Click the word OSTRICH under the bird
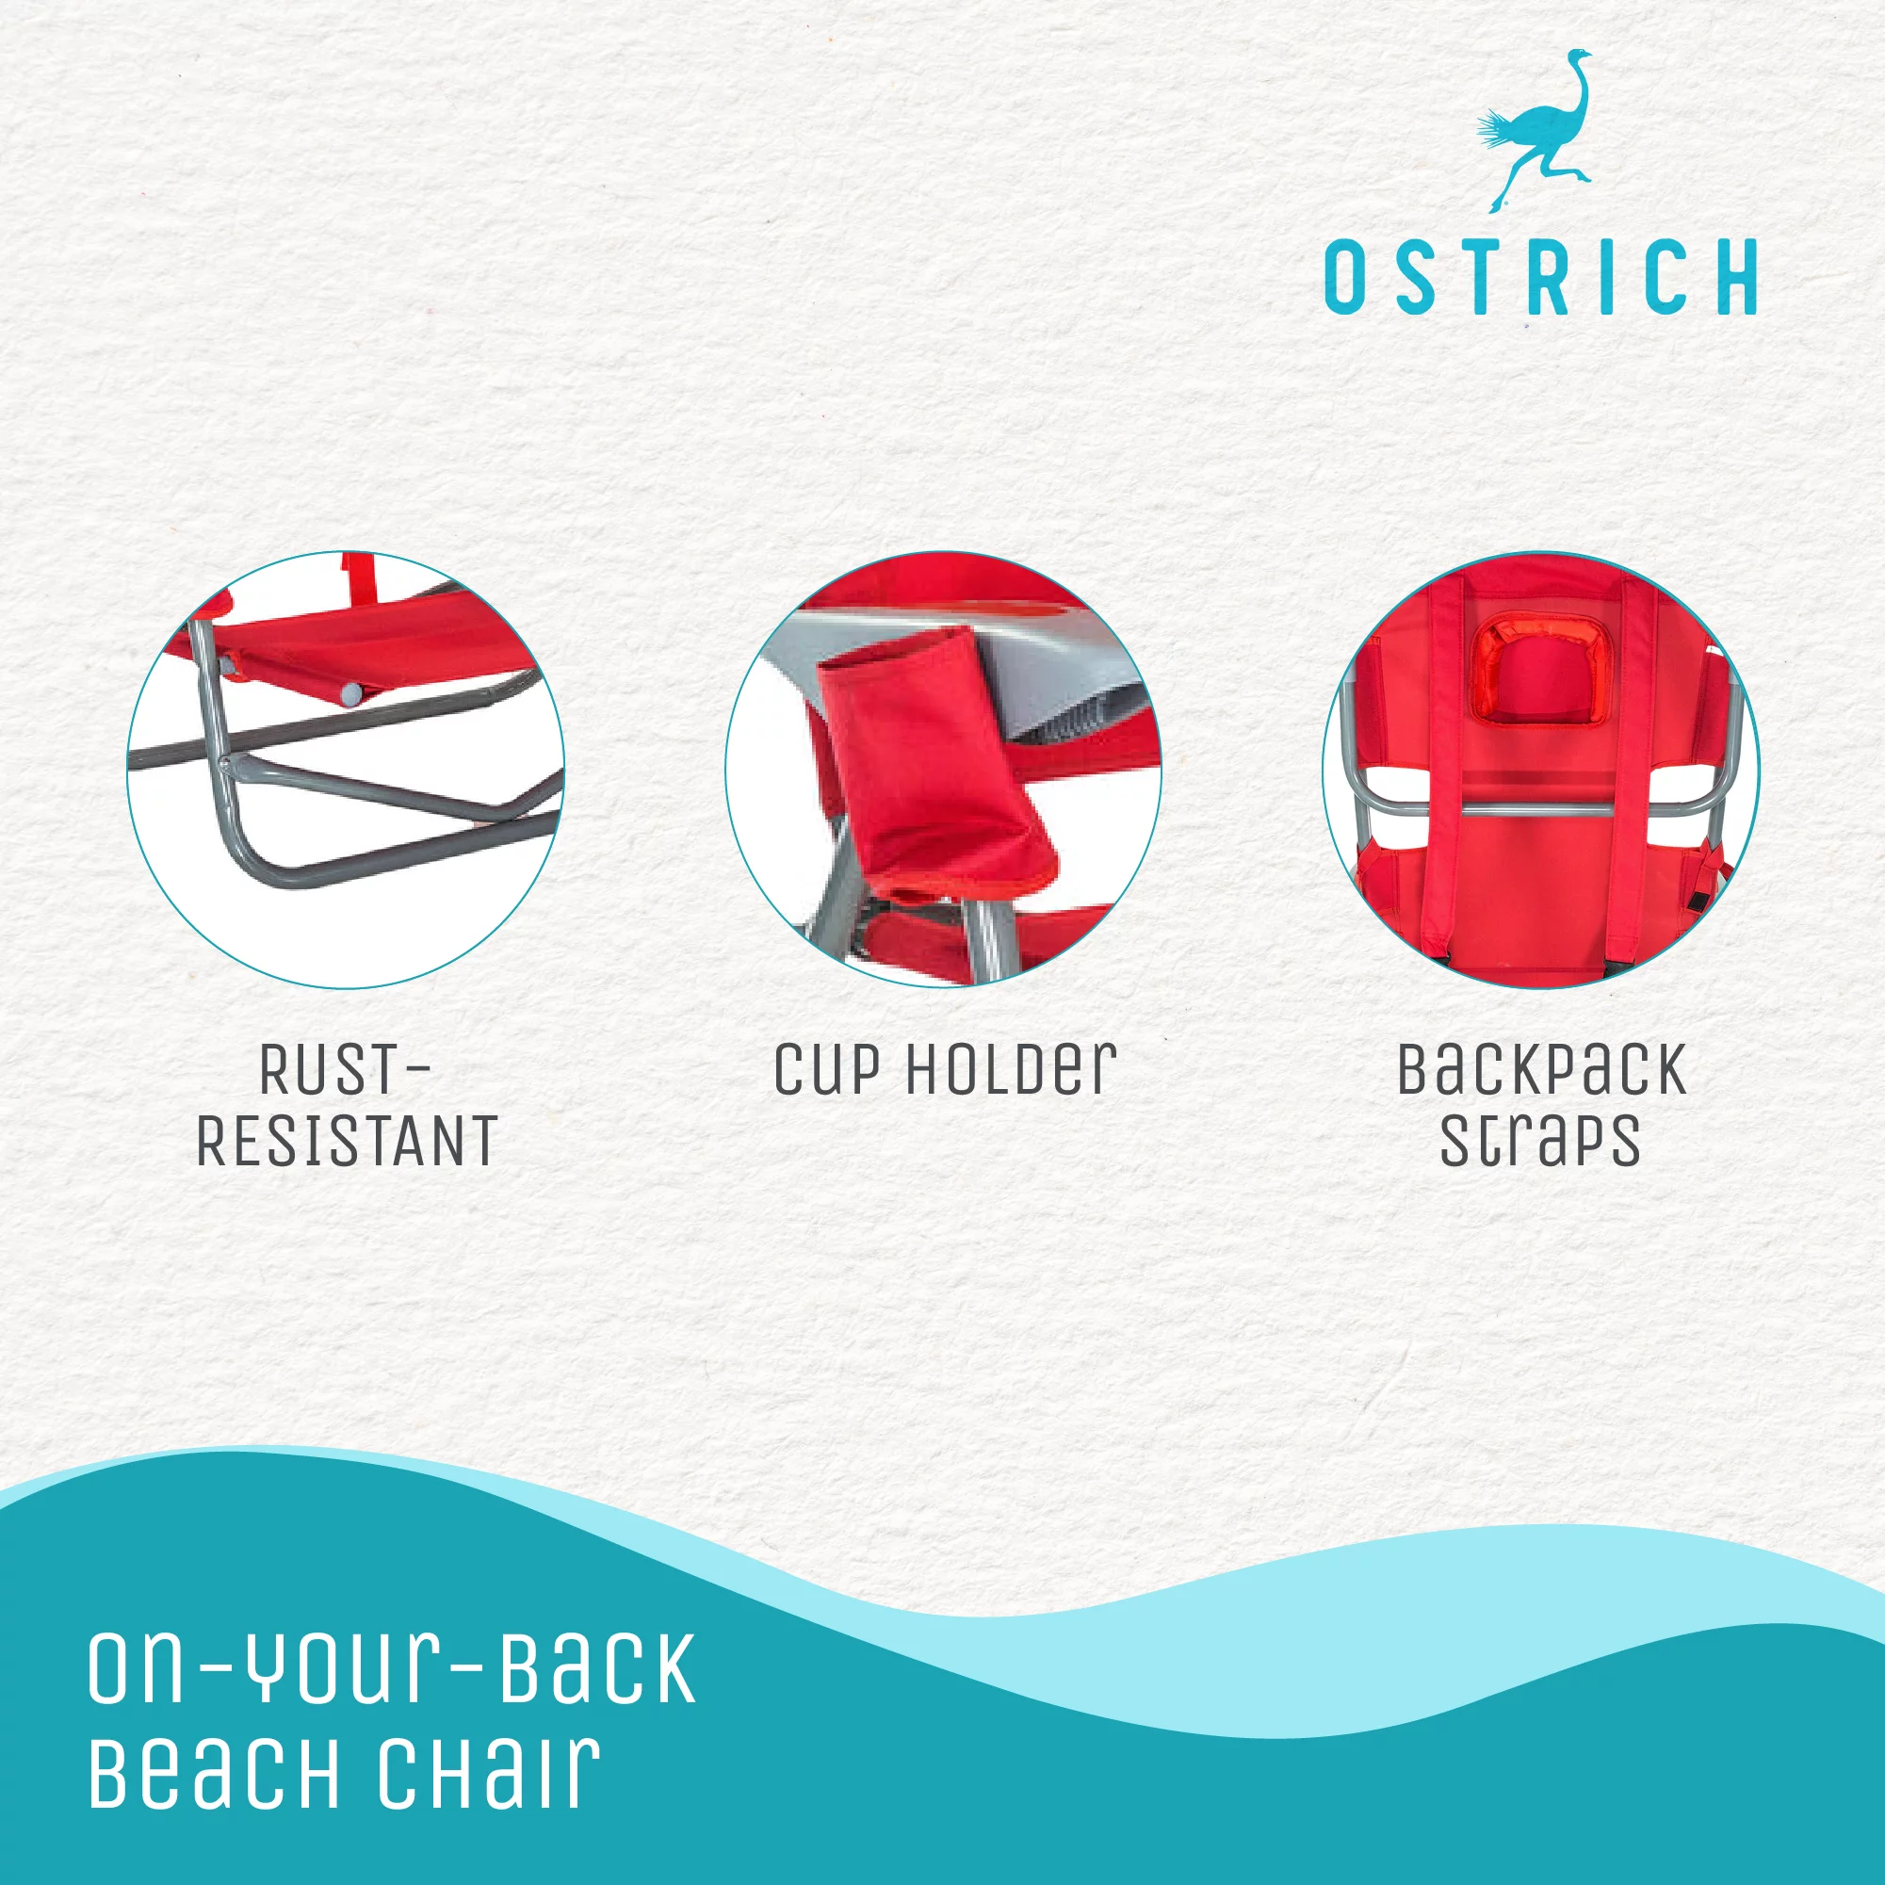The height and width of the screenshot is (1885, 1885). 1540,277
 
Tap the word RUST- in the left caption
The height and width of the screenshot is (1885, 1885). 345,1070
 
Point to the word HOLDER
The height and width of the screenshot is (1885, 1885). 1011,1070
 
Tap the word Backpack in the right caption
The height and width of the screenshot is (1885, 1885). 1541,1070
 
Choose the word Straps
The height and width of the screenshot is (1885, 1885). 1540,1140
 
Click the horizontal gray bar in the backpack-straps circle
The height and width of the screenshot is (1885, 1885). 1540,809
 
